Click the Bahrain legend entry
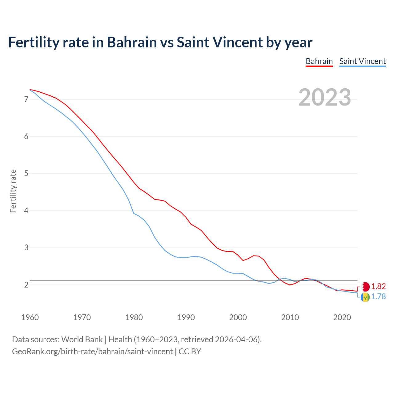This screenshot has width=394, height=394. click(x=319, y=61)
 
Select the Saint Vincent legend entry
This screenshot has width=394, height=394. click(x=362, y=61)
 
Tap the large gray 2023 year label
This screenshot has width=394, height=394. click(x=325, y=97)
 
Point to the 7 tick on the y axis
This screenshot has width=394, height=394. click(x=26, y=99)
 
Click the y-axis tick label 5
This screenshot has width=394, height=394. click(x=26, y=174)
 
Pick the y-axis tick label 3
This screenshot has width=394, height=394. click(x=26, y=248)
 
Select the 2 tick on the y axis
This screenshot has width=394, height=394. click(x=26, y=285)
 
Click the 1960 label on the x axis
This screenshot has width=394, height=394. click(x=30, y=317)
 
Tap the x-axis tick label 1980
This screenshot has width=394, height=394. click(x=134, y=317)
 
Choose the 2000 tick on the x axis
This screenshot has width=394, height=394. click(x=238, y=317)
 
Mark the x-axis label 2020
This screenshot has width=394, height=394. click(x=342, y=317)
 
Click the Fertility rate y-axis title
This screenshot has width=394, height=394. click(x=13, y=191)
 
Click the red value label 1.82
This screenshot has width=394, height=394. click(x=378, y=287)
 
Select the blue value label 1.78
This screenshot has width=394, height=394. click(x=378, y=297)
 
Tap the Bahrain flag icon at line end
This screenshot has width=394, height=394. click(x=365, y=287)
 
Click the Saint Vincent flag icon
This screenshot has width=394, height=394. click(x=365, y=297)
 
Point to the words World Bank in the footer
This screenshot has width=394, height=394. click(x=82, y=340)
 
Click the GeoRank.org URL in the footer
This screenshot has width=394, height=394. click(x=92, y=352)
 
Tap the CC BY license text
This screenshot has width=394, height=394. click(x=190, y=352)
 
